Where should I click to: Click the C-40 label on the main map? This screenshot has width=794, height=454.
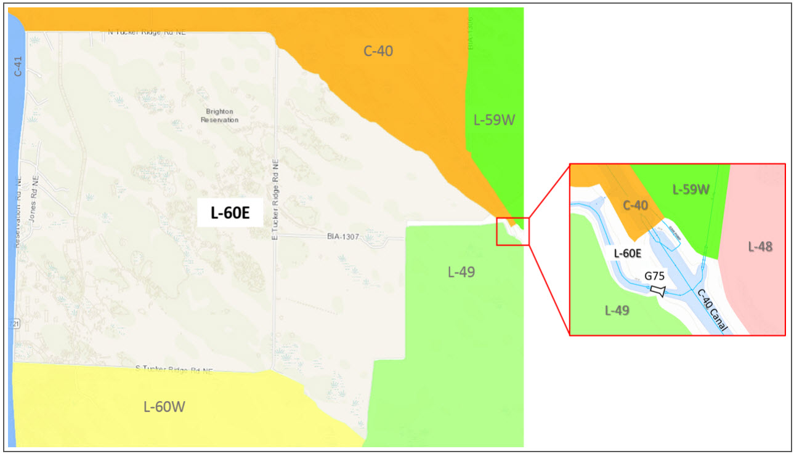[x=378, y=51]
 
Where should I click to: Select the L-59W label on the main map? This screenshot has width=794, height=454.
[x=494, y=120]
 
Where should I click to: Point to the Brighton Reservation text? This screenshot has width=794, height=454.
[x=219, y=116]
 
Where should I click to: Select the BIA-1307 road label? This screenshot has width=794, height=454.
[x=343, y=236]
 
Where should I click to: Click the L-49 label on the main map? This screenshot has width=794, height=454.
[x=461, y=271]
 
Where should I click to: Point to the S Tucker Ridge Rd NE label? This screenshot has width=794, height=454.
[x=174, y=369]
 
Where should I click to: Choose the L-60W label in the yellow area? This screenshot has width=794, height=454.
[x=164, y=406]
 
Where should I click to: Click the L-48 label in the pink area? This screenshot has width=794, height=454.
[x=760, y=247]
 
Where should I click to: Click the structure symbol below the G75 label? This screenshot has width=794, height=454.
[x=658, y=290]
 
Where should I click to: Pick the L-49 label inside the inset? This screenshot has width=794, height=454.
[x=617, y=311]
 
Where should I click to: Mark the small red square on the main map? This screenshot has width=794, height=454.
[x=512, y=231]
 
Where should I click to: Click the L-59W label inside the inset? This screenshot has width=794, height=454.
[x=691, y=189]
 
